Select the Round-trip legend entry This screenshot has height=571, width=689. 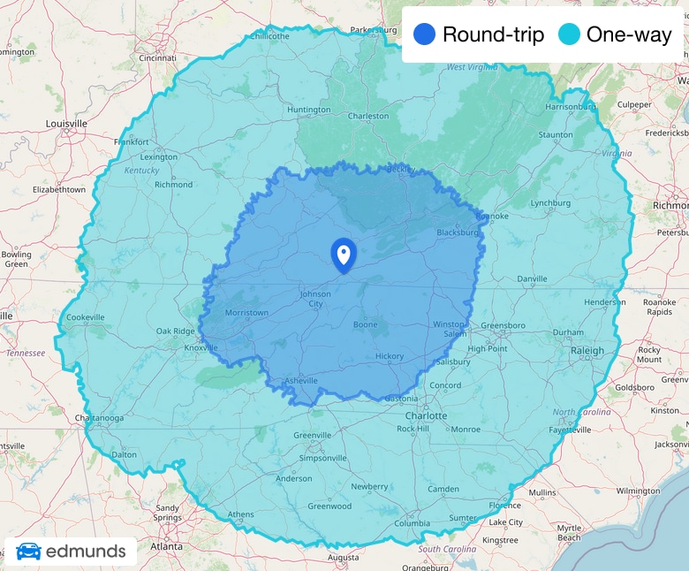click(x=479, y=35)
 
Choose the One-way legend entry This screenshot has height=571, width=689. click(x=616, y=35)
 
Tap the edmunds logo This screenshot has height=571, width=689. click(x=71, y=552)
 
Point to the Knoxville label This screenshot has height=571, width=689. click(x=201, y=347)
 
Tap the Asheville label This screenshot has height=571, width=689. click(x=300, y=381)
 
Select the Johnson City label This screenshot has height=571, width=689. click(x=315, y=299)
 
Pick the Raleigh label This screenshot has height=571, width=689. click(x=587, y=350)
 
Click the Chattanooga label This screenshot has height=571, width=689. click(x=98, y=418)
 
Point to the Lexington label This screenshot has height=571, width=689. click(x=159, y=157)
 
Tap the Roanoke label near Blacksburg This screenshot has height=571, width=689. click(x=467, y=216)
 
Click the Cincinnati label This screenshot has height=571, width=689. click(x=157, y=58)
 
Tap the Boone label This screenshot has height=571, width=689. click(x=365, y=324)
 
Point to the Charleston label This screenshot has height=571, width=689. click(x=368, y=116)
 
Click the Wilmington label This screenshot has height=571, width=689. click(x=638, y=491)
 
